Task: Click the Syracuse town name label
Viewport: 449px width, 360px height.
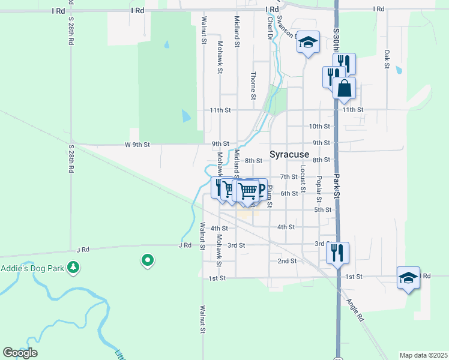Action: tap(289, 154)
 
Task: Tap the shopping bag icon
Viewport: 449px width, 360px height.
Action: tap(345, 88)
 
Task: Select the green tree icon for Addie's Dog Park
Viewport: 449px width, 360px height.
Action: tap(73, 266)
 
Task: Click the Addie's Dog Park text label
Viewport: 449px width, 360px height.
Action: tap(31, 268)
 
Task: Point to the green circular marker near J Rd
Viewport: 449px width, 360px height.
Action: tap(147, 260)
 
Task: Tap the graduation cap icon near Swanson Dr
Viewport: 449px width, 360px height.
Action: tap(308, 43)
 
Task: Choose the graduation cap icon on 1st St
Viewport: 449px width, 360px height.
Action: tap(408, 278)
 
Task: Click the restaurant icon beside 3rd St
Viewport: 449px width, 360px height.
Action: tap(338, 252)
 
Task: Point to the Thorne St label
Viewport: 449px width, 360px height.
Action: tap(253, 86)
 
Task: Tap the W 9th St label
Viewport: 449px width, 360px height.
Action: tap(137, 145)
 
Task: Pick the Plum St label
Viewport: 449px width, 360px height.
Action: tap(270, 196)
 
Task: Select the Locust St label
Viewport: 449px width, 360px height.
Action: tap(303, 178)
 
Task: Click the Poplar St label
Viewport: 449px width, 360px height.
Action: tap(319, 187)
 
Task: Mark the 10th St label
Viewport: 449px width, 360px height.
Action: tap(319, 127)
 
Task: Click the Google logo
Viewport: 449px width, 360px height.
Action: tap(20, 353)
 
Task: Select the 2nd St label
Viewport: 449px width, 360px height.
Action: tap(287, 261)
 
